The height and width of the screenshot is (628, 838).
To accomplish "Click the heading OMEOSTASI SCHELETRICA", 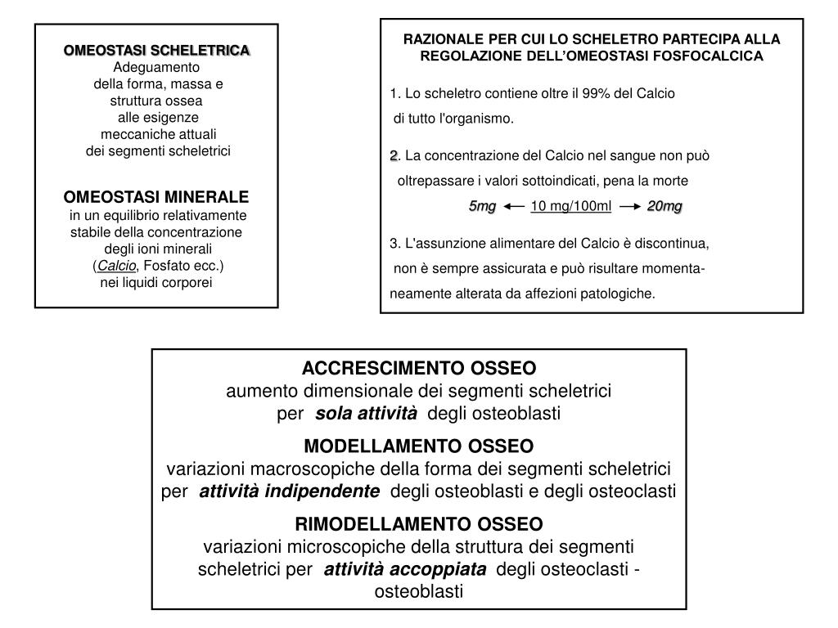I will pyautogui.click(x=156, y=51).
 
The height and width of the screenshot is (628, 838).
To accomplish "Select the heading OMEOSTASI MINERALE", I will pyautogui.click(x=156, y=198).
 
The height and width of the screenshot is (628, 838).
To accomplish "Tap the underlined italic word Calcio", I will pyautogui.click(x=116, y=266).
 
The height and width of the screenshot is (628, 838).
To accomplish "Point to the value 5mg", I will pyautogui.click(x=482, y=206).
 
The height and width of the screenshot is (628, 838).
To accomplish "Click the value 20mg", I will pyautogui.click(x=665, y=206).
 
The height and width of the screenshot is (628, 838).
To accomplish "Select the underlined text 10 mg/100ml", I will pyautogui.click(x=571, y=206).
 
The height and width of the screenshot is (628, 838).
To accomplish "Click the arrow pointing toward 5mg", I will pyautogui.click(x=514, y=207).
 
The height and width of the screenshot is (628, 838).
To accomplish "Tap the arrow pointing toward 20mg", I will pyautogui.click(x=629, y=207).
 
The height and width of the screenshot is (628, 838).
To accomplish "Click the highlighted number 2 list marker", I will pyautogui.click(x=394, y=155).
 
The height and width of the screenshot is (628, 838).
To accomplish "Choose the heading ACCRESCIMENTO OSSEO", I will pyautogui.click(x=420, y=369).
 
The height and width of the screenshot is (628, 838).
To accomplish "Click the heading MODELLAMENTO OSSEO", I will pyautogui.click(x=418, y=446).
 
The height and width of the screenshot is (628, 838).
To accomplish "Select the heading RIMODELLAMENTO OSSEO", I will pyautogui.click(x=418, y=524).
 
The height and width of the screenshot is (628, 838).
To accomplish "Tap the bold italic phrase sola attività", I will pyautogui.click(x=366, y=414).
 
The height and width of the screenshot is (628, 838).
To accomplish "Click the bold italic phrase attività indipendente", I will pyautogui.click(x=289, y=491).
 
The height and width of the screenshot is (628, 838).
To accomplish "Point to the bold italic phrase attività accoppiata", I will pyautogui.click(x=404, y=569).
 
